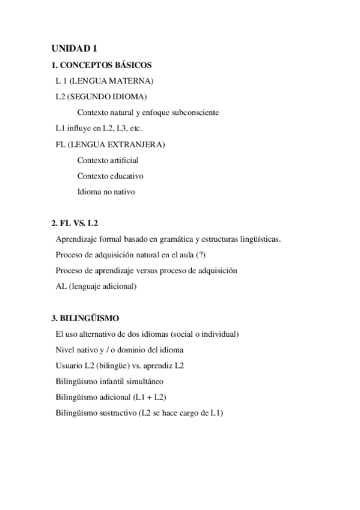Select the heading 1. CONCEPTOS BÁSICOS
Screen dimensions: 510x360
tap(102, 65)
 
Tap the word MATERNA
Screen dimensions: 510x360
tap(135, 81)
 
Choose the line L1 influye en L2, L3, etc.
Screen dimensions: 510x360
tap(99, 129)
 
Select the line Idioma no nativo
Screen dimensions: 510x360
tap(106, 192)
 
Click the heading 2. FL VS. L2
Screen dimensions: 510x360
tap(75, 223)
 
